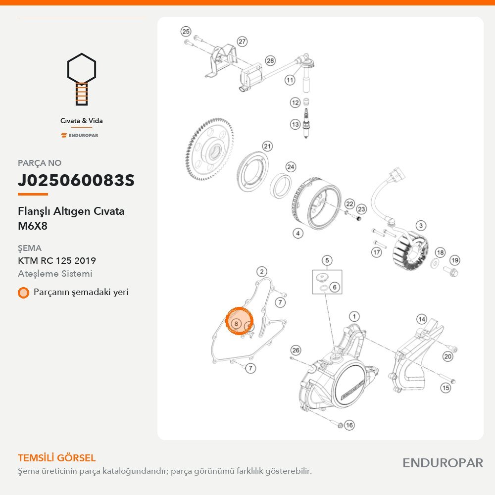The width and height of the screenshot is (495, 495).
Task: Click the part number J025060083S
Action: [76, 180]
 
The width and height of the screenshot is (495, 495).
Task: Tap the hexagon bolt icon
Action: [82, 79]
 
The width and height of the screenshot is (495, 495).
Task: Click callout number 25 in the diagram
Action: [186, 31]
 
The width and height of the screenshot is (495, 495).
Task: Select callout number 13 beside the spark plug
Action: [295, 124]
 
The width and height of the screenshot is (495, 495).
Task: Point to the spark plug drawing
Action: [306, 123]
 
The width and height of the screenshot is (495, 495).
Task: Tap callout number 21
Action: [267, 146]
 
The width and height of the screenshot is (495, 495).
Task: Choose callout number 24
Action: [291, 167]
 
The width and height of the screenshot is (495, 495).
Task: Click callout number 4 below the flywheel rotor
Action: [298, 233]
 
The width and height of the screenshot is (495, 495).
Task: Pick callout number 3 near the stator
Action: [421, 226]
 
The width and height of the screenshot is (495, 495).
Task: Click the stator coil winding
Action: [411, 251]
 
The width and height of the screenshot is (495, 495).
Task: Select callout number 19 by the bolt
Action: [454, 260]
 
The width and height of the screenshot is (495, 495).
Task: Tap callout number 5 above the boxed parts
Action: [327, 260]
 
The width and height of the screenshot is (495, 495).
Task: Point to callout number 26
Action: [296, 350]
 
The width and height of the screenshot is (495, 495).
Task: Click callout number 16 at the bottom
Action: [349, 425]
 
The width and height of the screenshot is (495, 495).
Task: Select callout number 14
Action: [422, 319]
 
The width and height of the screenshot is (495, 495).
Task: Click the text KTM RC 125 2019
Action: [57, 261]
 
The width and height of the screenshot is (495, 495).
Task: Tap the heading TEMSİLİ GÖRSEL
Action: [56, 458]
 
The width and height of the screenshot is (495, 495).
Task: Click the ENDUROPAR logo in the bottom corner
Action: [443, 463]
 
